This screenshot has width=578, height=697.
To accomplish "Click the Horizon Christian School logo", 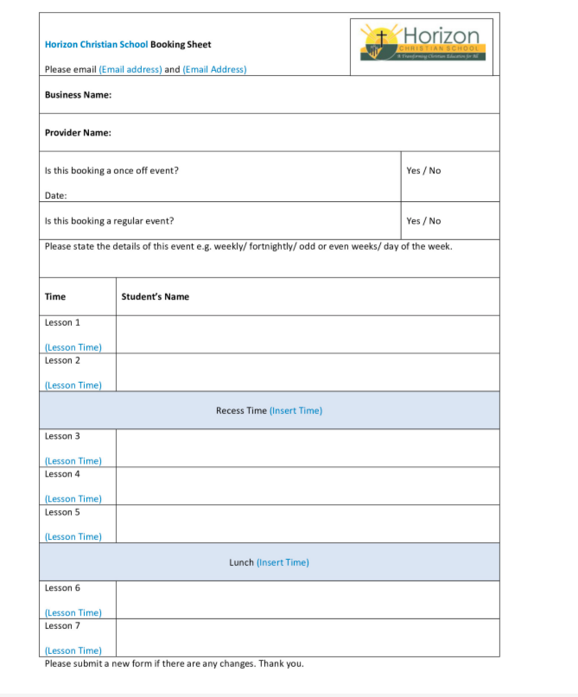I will pos(423,41).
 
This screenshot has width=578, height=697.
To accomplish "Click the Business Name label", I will pos(78,95).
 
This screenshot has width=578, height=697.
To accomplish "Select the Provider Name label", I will pos(78,133).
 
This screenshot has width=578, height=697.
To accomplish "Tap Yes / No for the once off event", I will pos(423,170).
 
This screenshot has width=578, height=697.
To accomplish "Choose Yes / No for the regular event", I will pos(423,221).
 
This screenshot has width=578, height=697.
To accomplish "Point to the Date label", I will pos(55,196).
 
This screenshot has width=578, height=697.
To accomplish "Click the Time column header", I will pos(55,296).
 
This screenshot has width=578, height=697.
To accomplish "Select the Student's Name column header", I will pos(155,296).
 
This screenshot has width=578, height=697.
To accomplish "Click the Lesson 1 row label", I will pos(62,322).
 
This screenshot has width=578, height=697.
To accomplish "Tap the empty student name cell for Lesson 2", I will pos(307,372).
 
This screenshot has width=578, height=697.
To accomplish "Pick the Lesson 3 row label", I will pos(62,436).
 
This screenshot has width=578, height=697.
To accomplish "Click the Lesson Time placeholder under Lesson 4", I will pos(73,499).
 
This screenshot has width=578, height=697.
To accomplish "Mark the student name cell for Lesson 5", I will pos(307,524).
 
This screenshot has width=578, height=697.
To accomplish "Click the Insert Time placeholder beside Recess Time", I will pos(295,410).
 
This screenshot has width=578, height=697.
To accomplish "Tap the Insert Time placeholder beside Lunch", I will pos(283,562).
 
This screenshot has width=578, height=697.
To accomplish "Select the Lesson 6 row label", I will pos(62,588).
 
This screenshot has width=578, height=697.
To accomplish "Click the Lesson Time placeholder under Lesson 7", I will pos(73,650).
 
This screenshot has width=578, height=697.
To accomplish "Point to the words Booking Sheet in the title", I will pos(181,45).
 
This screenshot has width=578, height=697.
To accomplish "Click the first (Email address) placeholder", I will pos(130,70).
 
